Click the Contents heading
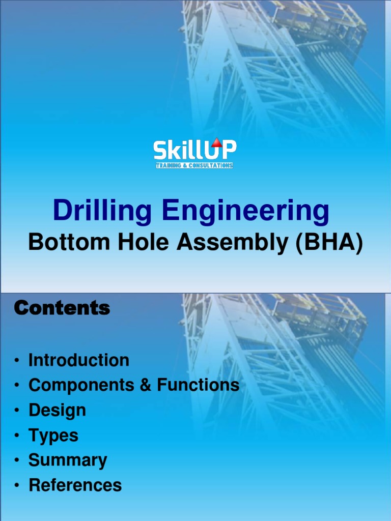tap(62, 308)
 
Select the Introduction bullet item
tap(79, 360)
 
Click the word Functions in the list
tap(198, 385)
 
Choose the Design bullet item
tap(57, 410)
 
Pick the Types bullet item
tap(53, 436)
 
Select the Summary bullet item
tap(68, 460)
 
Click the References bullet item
tap(75, 485)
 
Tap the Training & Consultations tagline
tap(194, 165)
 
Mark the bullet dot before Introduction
tap(17, 361)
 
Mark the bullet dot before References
tap(17, 485)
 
